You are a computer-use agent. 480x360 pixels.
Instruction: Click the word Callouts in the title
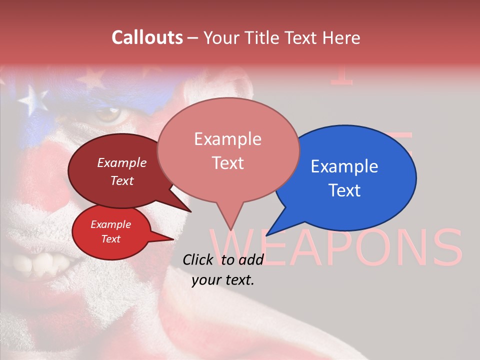point(147,37)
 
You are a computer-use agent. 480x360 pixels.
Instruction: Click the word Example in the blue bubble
point(344,166)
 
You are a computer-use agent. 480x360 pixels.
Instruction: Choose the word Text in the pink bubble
point(227,163)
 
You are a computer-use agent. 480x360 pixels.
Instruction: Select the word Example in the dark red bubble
point(121,162)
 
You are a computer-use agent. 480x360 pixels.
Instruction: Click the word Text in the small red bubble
point(110,239)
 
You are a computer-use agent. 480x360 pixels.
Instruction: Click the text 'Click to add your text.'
point(222,270)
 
